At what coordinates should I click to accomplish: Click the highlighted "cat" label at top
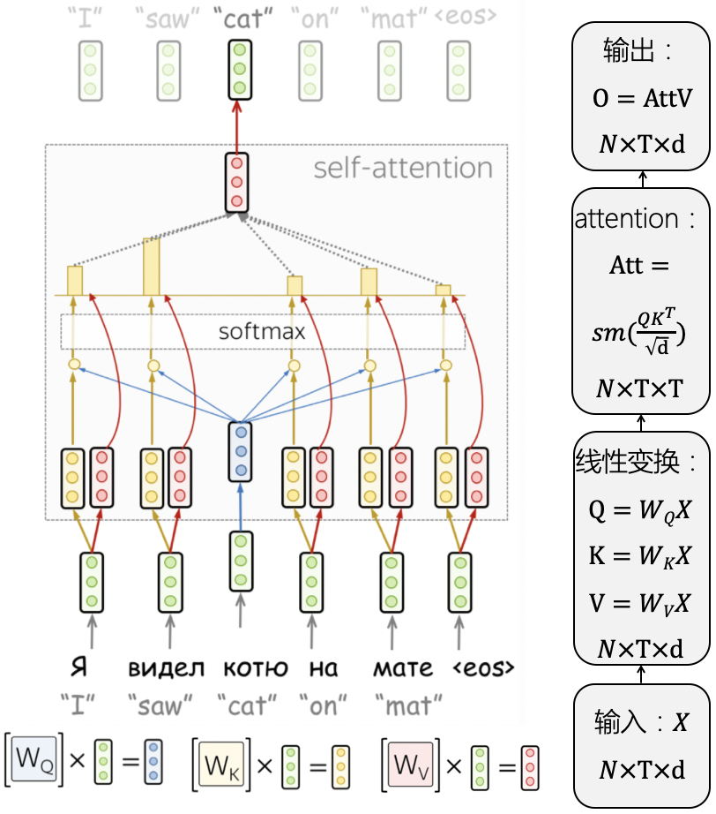pos(238,17)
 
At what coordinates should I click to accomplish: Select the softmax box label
pos(262,332)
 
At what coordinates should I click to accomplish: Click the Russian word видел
pos(167,667)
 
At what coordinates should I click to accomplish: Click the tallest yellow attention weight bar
pos(152,266)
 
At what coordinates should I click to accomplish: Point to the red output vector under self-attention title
pos(236,183)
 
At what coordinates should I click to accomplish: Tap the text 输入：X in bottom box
pos(641,723)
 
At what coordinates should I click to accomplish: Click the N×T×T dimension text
pos(641,388)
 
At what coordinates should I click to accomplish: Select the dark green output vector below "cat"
pos(237,68)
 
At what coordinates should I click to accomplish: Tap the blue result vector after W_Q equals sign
pos(153,761)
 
